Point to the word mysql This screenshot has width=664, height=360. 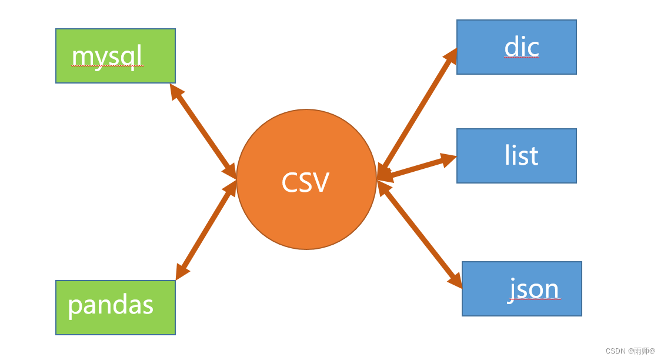click(107, 56)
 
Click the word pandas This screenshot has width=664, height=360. click(111, 305)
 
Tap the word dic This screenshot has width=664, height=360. click(522, 47)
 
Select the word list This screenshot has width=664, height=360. click(521, 155)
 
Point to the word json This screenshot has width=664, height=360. click(534, 289)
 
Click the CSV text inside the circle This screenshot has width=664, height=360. click(305, 182)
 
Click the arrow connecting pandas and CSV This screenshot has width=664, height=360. click(206, 230)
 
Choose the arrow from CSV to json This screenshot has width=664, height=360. click(419, 234)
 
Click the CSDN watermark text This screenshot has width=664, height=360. click(630, 351)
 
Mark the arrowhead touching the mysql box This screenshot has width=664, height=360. click(176, 92)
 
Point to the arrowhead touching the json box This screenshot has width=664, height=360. click(455, 281)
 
